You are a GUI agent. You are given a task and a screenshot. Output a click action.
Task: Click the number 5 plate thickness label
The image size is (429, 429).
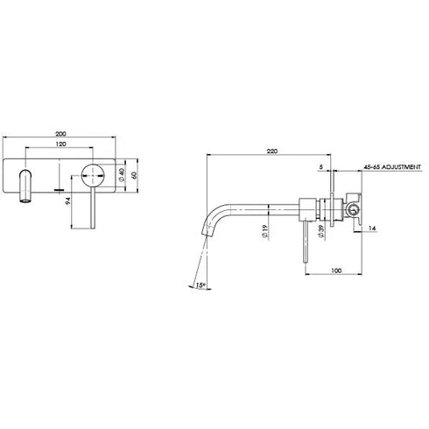[321, 165]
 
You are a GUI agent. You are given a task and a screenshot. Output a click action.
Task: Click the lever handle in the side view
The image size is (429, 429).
[304, 245]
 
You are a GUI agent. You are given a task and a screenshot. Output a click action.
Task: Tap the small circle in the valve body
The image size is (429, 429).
[352, 208]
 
